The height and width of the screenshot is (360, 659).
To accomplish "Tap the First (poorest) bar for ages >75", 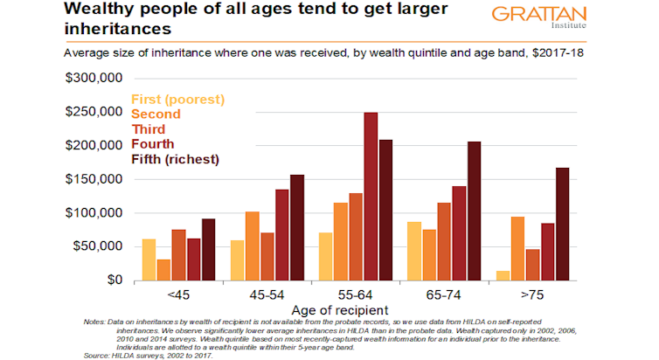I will [x=503, y=275].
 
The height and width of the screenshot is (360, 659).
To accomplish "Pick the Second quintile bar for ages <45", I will [x=163, y=270].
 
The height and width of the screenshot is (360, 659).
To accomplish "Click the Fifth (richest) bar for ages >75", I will [x=561, y=224].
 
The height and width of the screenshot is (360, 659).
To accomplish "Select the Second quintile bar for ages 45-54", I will [x=253, y=246].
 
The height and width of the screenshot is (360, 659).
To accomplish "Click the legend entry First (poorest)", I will [x=177, y=99].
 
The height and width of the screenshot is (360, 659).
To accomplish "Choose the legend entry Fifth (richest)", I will [x=175, y=159].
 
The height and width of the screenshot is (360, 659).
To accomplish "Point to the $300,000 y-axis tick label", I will [x=94, y=79].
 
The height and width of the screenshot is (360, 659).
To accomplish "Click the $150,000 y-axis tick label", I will [x=94, y=179].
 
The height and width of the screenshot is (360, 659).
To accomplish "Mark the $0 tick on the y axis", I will [x=111, y=280].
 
